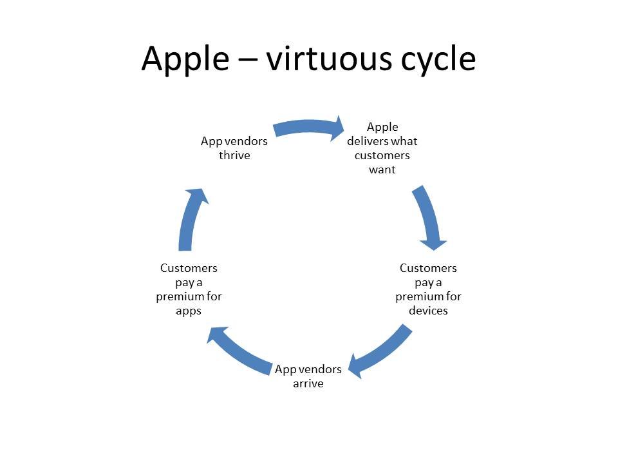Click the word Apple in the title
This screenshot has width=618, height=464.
click(185, 59)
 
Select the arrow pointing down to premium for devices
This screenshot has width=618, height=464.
click(429, 217)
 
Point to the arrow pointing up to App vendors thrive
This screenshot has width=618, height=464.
click(190, 219)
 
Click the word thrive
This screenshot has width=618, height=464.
click(234, 155)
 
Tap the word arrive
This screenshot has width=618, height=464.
click(308, 383)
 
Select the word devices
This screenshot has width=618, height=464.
click(429, 311)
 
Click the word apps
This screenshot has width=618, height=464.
click(189, 311)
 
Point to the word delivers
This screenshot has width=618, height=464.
click(368, 141)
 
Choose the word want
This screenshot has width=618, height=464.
click(382, 169)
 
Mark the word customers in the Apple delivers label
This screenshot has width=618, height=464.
click(382, 155)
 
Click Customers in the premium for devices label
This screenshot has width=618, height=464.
click(429, 268)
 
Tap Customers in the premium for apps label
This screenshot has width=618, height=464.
click(189, 268)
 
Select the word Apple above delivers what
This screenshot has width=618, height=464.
click(382, 128)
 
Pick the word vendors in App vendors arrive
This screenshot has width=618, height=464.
click(321, 369)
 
